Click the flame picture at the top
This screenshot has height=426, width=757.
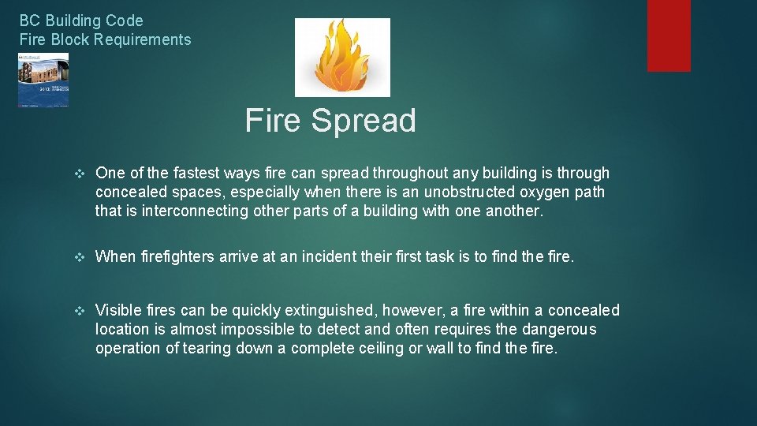click(342, 57)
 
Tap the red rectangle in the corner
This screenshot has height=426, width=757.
click(669, 35)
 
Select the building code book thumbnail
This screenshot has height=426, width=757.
click(43, 80)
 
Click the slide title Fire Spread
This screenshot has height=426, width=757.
click(330, 121)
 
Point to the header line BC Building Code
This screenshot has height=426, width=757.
click(81, 21)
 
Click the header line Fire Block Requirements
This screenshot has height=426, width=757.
click(105, 39)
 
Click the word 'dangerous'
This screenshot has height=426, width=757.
click(559, 329)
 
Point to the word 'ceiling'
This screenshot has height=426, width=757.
click(375, 348)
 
